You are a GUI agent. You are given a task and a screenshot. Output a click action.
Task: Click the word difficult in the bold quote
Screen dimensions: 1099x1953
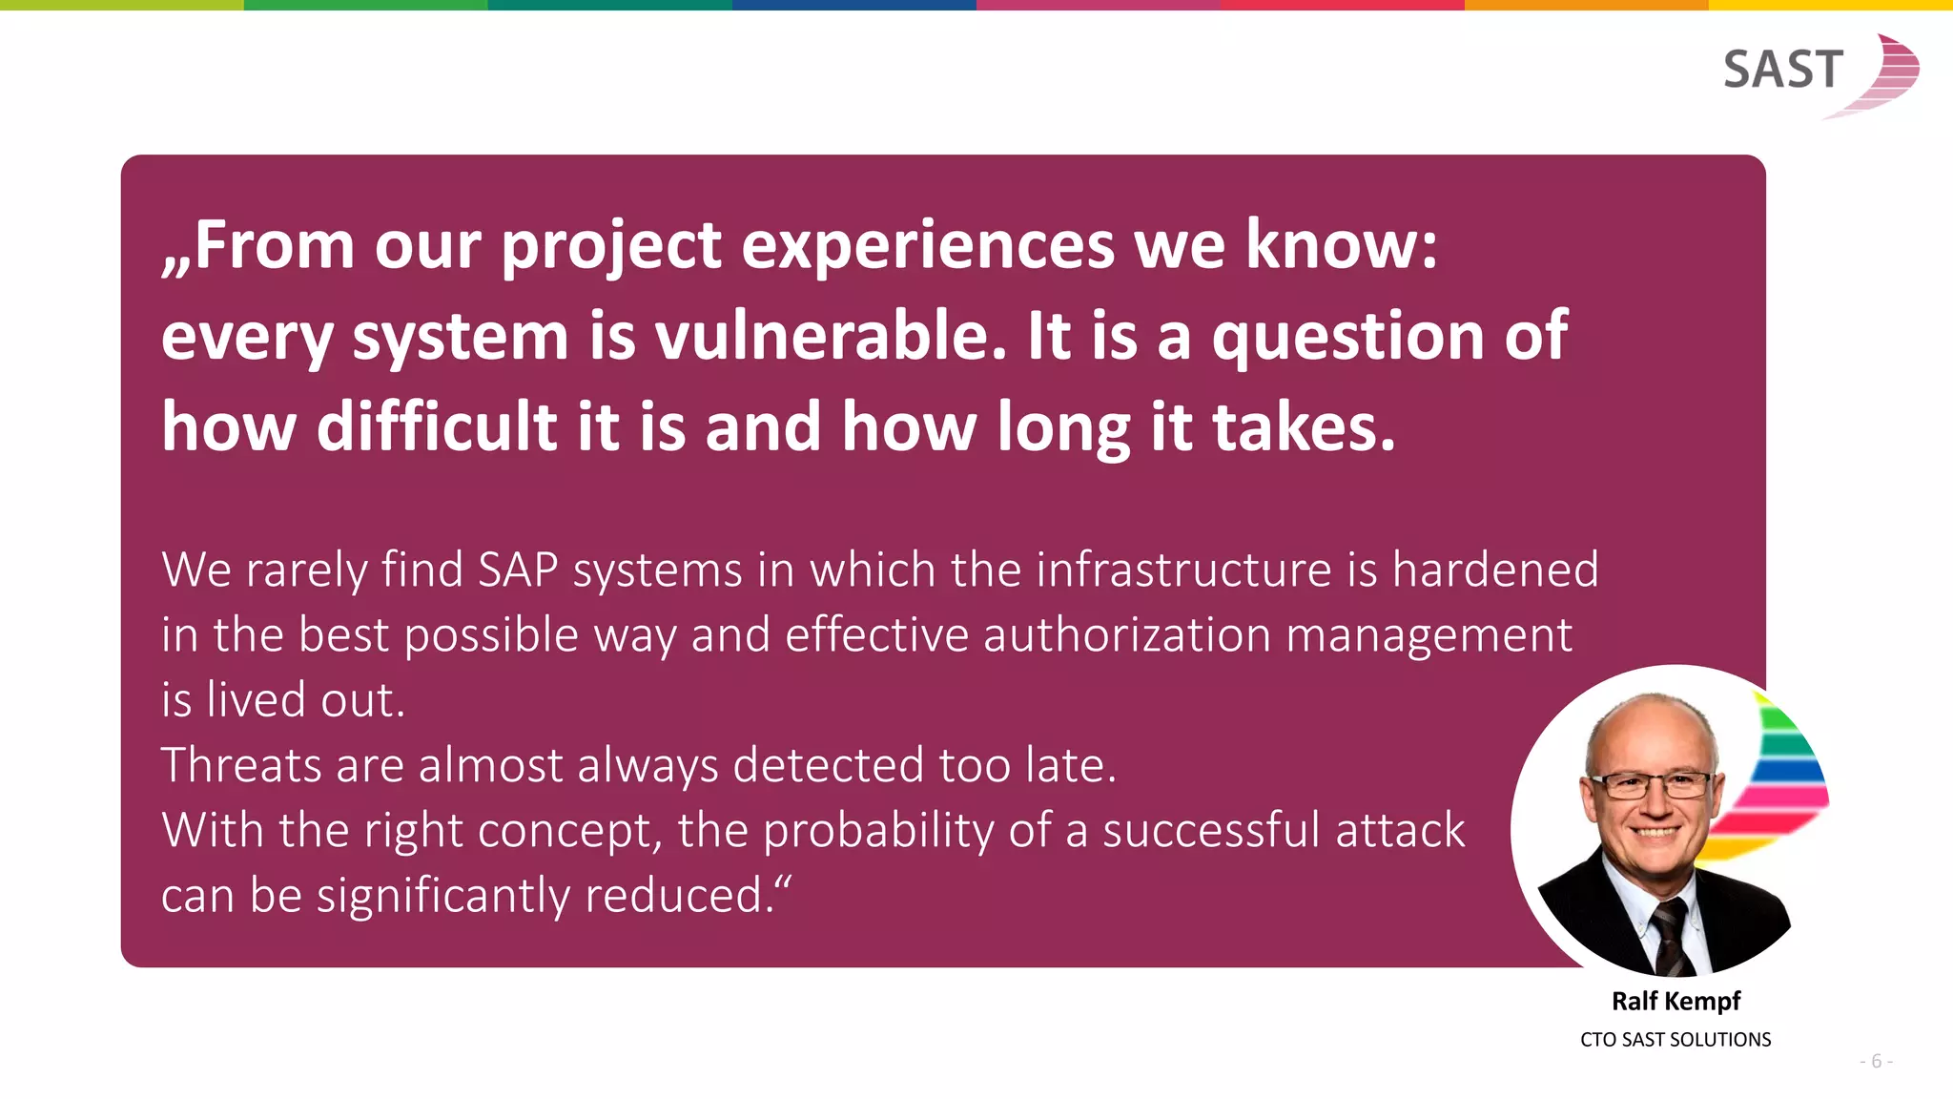(x=437, y=426)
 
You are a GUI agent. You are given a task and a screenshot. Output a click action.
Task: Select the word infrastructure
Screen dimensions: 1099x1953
(x=1182, y=570)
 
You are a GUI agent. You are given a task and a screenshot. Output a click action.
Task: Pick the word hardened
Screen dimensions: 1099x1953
(x=1494, y=570)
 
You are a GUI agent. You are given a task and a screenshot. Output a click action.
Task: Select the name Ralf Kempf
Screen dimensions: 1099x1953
(x=1675, y=1001)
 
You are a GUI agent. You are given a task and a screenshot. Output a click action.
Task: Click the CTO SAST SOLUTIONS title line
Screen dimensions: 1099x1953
(x=1675, y=1040)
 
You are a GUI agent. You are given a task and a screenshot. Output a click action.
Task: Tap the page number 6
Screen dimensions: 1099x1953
(x=1876, y=1062)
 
